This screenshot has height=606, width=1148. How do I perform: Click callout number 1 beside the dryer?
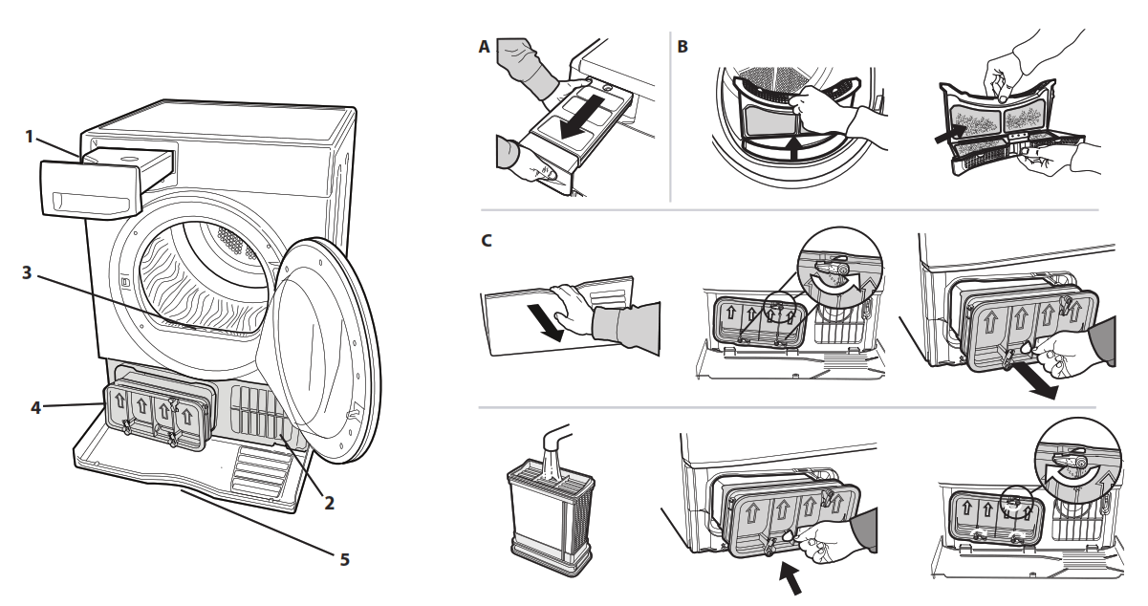point(30,137)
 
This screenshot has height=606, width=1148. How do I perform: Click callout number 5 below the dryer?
point(345,557)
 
